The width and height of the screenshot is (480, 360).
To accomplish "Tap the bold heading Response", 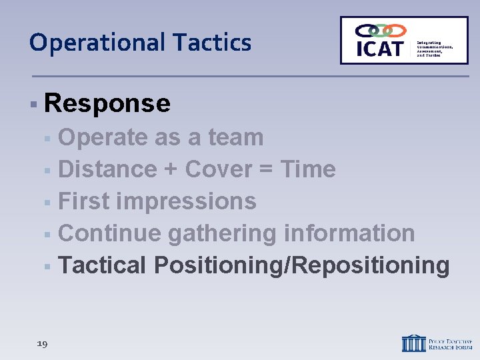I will point(107,103).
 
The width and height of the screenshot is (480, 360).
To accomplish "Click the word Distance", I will point(107,169).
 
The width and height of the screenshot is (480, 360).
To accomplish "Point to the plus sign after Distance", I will point(170,170).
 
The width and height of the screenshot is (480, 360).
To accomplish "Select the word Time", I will point(307,169).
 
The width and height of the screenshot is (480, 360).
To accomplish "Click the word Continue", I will point(109,233).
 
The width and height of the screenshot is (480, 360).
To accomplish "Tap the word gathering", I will point(222,233).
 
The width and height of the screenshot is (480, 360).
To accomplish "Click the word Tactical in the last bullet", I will point(102,265).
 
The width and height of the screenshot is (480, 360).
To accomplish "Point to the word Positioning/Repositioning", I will point(301,265).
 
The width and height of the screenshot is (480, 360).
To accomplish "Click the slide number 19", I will point(42,344).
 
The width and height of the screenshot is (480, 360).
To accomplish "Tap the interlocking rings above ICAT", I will point(380,31).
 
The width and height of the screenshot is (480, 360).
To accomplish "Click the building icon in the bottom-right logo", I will point(414,343).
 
